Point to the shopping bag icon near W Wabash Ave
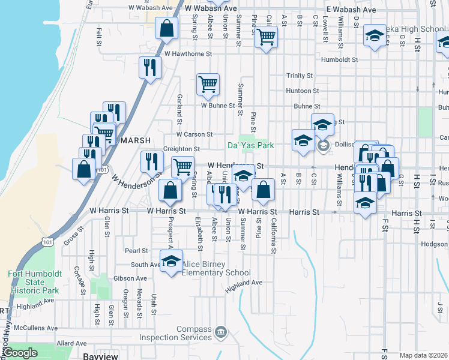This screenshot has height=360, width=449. coord(166,28)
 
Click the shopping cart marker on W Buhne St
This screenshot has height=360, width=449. coord(208,85)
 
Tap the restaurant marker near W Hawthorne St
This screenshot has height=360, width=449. coord(149,67)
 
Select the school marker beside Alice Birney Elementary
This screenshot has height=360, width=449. coord(171,262)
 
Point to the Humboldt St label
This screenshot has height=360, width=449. coord(339,60)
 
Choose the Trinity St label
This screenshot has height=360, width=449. coord(300,76)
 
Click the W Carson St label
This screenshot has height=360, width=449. coord(194,134)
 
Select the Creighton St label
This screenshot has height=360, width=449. coord(181,149)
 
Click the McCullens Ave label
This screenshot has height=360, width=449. coord(35,328)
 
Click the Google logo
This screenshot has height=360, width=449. coord(20,353)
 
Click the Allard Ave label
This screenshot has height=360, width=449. coord(72,343)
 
